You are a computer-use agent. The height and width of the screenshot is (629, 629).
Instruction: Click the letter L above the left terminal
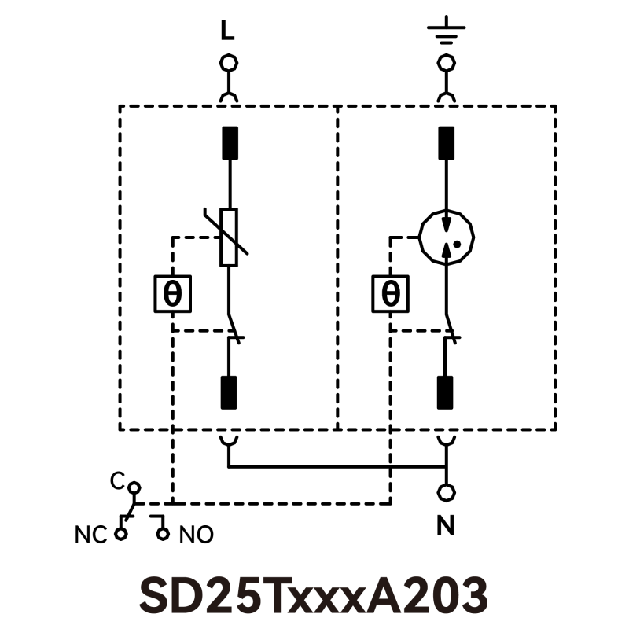click(228, 31)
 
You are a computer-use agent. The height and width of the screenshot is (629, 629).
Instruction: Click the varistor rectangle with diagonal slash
click(229, 237)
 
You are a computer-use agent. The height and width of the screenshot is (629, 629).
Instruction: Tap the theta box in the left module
click(172, 294)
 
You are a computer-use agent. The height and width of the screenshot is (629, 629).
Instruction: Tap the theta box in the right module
click(390, 294)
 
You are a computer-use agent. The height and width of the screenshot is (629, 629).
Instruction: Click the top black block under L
click(229, 143)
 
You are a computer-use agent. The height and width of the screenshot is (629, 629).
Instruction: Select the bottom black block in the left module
click(229, 392)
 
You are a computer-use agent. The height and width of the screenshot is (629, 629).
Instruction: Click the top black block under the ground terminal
click(446, 143)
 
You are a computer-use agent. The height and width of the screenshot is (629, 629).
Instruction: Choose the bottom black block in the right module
click(446, 392)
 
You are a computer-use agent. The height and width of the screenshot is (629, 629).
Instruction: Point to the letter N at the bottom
click(446, 526)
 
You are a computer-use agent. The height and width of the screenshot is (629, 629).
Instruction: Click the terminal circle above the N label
click(446, 494)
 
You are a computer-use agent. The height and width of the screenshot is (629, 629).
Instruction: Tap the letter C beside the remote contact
click(116, 478)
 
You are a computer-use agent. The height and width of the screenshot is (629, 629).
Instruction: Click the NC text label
click(91, 535)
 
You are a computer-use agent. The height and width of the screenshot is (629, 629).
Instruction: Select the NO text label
click(196, 535)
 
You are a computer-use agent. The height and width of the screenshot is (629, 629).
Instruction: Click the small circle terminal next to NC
click(120, 534)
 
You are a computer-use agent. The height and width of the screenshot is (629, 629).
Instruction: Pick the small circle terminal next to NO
click(163, 534)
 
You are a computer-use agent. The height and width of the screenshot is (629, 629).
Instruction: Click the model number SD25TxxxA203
click(314, 595)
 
